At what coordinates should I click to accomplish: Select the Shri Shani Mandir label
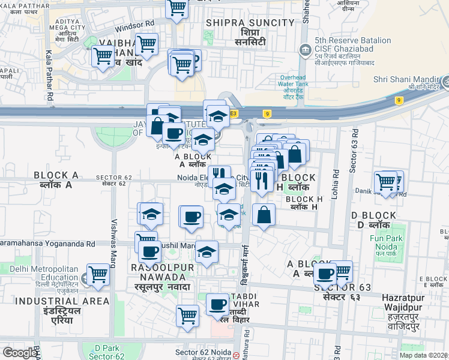(x=407, y=79)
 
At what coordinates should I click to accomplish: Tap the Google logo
(x=19, y=352)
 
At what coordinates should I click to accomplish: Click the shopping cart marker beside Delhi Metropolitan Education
(x=98, y=275)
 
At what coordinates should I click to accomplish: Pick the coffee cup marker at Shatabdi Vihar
(x=217, y=304)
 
